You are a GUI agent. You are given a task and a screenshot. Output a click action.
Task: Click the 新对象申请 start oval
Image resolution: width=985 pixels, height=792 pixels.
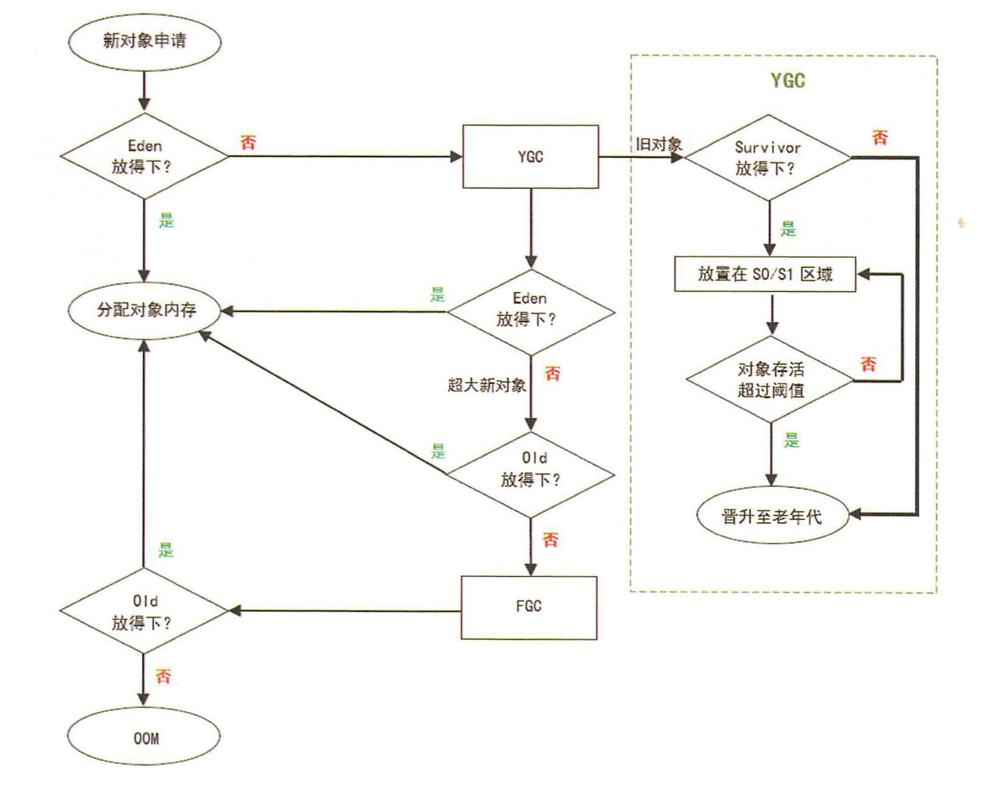[x=145, y=41]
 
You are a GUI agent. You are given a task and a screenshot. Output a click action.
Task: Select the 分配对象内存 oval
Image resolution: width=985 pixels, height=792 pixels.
[x=145, y=310]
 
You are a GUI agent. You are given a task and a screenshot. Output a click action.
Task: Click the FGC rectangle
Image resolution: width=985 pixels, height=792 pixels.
[x=529, y=608]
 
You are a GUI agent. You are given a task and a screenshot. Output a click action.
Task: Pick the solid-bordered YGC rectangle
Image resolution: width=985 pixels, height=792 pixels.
[x=531, y=156]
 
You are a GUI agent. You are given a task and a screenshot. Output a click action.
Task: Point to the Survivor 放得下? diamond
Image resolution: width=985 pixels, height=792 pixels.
[x=768, y=158]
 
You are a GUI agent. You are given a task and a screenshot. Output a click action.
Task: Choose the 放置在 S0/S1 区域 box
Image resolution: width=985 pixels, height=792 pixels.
[x=765, y=275]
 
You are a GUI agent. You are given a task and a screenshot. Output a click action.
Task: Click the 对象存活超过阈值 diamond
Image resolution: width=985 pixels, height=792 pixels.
[x=771, y=379]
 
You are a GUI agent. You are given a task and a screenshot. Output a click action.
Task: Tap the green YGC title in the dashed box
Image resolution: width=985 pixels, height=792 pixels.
[x=788, y=80]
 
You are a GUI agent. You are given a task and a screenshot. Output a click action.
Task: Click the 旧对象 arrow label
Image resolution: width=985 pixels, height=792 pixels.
[x=659, y=144]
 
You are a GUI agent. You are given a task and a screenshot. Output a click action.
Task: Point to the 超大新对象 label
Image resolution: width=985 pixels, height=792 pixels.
[x=487, y=385]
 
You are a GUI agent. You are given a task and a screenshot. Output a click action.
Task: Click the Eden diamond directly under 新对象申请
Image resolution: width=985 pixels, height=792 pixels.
[x=145, y=156]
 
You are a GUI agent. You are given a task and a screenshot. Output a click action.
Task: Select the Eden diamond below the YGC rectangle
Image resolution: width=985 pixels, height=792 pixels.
[x=531, y=313]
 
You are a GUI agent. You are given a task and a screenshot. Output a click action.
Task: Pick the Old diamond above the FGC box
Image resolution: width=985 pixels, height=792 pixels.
[x=531, y=475]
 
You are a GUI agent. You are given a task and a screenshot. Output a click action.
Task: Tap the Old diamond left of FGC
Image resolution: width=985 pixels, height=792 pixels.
[x=144, y=610]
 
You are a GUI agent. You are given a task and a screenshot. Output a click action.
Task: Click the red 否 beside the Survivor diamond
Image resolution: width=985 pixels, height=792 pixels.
[x=879, y=137]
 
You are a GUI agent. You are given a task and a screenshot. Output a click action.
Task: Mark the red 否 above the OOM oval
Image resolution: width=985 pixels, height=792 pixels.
[x=164, y=676]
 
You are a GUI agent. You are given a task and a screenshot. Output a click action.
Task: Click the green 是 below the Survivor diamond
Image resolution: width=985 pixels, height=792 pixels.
[x=789, y=229]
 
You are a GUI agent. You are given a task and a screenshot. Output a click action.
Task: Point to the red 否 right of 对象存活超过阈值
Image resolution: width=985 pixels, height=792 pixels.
[x=869, y=364]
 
